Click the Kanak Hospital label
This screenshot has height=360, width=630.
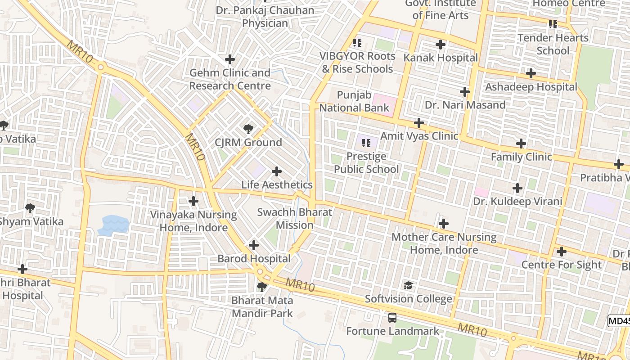pyautogui.click(x=441, y=58)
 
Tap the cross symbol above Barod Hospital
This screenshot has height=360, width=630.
pyautogui.click(x=254, y=245)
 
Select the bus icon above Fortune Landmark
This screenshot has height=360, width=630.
pyautogui.click(x=392, y=318)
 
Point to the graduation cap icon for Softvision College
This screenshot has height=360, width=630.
pyautogui.click(x=408, y=286)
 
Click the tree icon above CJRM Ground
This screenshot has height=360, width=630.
pyautogui.click(x=248, y=130)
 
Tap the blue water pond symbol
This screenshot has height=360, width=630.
pyautogui.click(x=113, y=225)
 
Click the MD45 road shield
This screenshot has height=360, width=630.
pyautogui.click(x=619, y=321)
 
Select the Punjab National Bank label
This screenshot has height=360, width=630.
pyautogui.click(x=354, y=101)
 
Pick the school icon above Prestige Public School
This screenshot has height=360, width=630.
pyautogui.click(x=366, y=143)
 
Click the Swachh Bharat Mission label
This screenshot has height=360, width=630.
pyautogui.click(x=294, y=219)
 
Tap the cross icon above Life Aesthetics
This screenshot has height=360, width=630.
pyautogui.click(x=277, y=171)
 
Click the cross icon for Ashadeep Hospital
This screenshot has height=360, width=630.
pyautogui.click(x=531, y=73)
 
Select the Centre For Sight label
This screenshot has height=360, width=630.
pyautogui.click(x=561, y=265)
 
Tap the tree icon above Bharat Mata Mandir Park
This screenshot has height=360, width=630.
pyautogui.click(x=261, y=287)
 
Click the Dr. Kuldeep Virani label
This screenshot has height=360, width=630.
pyautogui.click(x=517, y=201)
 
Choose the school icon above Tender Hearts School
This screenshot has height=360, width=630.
pyautogui.click(x=553, y=24)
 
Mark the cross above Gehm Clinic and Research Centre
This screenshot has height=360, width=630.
pyautogui.click(x=230, y=59)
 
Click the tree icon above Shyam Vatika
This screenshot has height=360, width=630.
pyautogui.click(x=30, y=208)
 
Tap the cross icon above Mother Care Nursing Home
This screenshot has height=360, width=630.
pyautogui.click(x=444, y=224)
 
